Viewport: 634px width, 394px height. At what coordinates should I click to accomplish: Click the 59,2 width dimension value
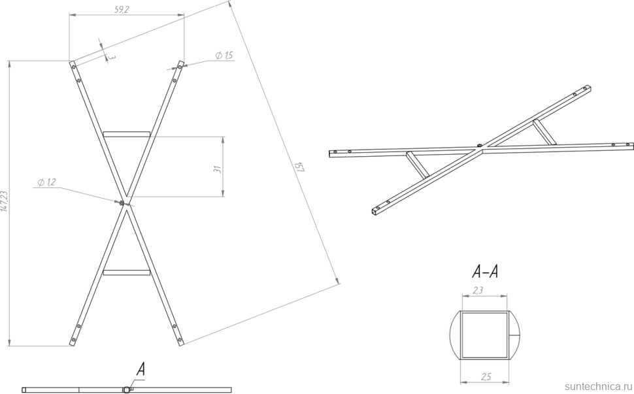pyautogui.click(x=122, y=10)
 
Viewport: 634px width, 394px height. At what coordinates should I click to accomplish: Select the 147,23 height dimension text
pyautogui.click(x=5, y=201)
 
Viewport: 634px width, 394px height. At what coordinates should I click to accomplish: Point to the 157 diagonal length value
pyautogui.click(x=299, y=167)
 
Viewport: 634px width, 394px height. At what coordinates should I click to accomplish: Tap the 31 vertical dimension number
pyautogui.click(x=218, y=169)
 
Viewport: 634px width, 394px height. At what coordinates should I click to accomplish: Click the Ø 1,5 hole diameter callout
pyautogui.click(x=224, y=56)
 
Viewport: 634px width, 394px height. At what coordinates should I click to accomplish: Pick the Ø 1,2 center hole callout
pyautogui.click(x=46, y=183)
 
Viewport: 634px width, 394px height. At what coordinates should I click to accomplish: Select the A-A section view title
pyautogui.click(x=485, y=272)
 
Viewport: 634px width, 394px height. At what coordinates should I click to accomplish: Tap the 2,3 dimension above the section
pyautogui.click(x=478, y=290)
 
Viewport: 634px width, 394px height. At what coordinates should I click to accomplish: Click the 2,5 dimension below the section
pyautogui.click(x=486, y=376)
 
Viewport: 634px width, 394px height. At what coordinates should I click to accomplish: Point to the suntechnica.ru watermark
pyautogui.click(x=599, y=386)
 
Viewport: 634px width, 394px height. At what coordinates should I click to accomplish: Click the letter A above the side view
pyautogui.click(x=141, y=369)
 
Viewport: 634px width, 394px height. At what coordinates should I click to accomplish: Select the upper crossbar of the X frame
pyautogui.click(x=127, y=134)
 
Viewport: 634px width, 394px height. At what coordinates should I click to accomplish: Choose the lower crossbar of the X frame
pyautogui.click(x=127, y=272)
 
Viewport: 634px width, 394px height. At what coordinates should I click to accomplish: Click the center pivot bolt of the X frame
pyautogui.click(x=122, y=203)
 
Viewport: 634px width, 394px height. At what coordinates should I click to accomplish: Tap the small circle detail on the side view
pyautogui.click(x=127, y=389)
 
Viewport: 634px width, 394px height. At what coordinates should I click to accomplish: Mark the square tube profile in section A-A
pyautogui.click(x=485, y=335)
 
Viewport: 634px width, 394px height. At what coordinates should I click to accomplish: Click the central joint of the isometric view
pyautogui.click(x=480, y=149)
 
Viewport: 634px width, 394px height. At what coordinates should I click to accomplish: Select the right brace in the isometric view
pyautogui.click(x=544, y=132)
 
